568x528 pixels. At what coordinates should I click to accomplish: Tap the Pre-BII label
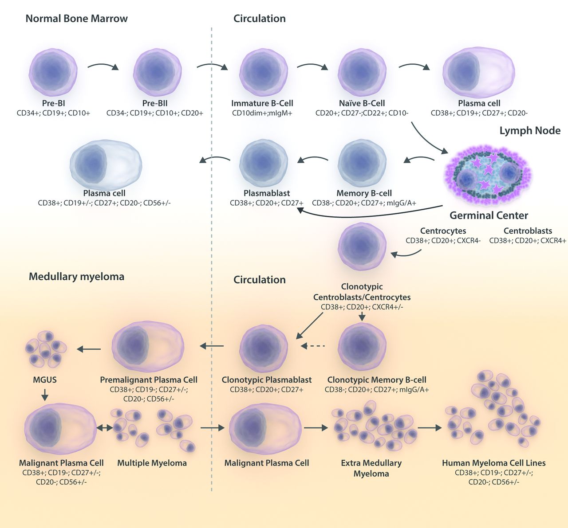[155, 103]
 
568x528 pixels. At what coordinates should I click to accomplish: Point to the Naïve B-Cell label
[362, 103]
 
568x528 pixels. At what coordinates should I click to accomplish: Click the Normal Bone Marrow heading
[76, 19]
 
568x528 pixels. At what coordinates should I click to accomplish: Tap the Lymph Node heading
[530, 131]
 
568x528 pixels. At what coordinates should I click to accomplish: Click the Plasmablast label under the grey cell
[267, 193]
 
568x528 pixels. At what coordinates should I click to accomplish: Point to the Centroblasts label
[528, 231]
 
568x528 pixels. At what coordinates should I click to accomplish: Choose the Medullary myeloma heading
[76, 277]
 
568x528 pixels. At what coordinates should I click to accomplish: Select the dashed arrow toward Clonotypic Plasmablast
[313, 346]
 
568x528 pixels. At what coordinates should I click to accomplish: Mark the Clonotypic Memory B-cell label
[377, 380]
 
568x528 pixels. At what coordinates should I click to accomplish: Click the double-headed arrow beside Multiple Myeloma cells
[105, 428]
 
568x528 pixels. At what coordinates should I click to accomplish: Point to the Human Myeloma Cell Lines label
[494, 463]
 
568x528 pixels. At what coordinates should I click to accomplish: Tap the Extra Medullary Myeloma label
[371, 468]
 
